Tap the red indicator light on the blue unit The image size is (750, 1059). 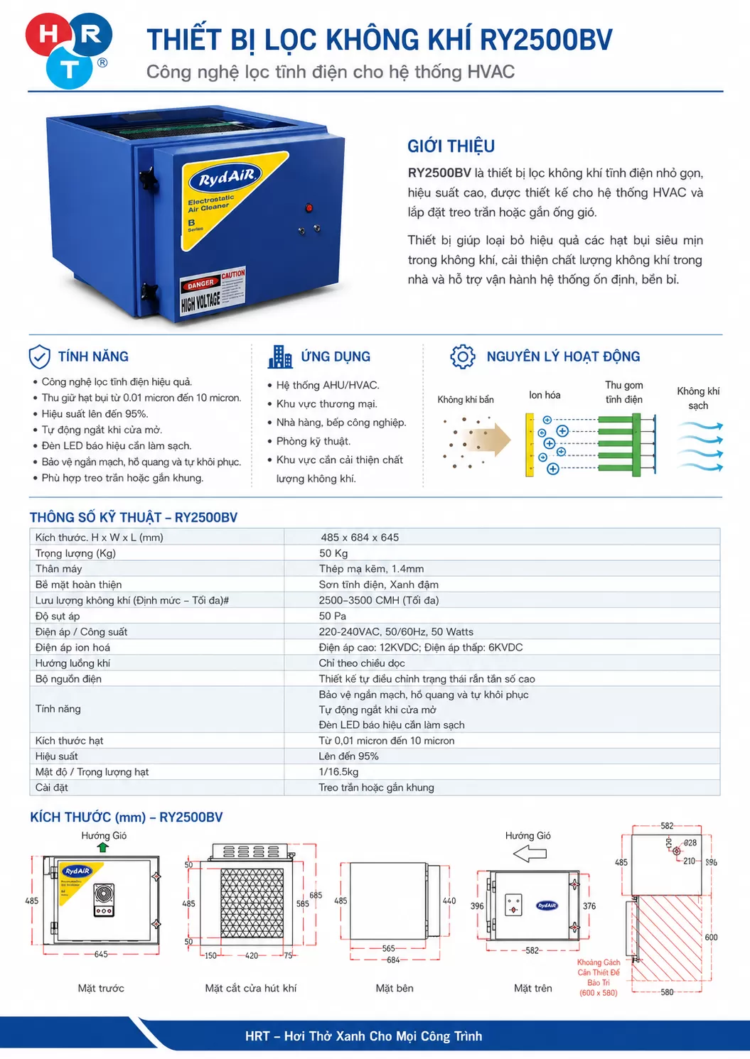[309, 207]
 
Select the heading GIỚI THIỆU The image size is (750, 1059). [451, 146]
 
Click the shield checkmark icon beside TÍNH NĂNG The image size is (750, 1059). [40, 357]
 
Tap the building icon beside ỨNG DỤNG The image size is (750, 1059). [280, 357]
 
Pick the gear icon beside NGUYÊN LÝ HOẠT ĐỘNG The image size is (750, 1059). [462, 357]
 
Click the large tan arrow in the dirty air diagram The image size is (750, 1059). [488, 440]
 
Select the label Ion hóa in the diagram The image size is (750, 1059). [544, 395]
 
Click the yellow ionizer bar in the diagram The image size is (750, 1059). [530, 445]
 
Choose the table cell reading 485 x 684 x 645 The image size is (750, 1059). [360, 537]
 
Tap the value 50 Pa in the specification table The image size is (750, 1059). [332, 616]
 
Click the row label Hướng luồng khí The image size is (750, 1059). [73, 663]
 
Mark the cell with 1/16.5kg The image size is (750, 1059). [338, 771]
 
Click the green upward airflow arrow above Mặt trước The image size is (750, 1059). [102, 847]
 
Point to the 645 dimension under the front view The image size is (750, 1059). [101, 954]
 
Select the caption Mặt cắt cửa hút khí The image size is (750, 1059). [251, 988]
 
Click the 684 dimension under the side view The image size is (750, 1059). [393, 960]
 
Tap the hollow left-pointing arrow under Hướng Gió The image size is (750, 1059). [530, 854]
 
